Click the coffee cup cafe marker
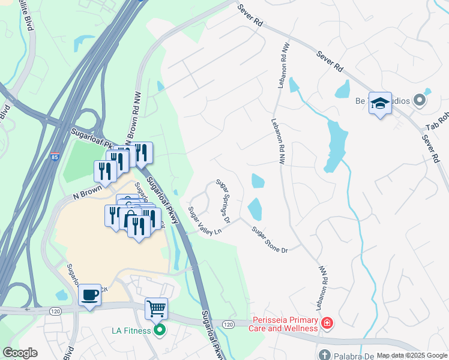[89, 295]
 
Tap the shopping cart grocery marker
[156, 309]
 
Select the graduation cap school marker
[380, 104]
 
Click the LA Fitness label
[132, 329]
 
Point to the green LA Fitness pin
[160, 329]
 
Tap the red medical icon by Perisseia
[327, 324]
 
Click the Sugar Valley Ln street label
[200, 221]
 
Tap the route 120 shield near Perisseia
[228, 324]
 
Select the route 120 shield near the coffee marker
[55, 311]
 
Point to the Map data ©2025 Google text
[412, 355]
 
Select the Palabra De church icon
[324, 355]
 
